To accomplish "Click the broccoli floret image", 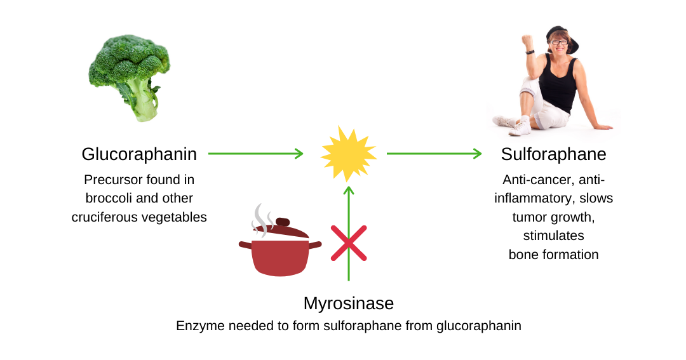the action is click(x=130, y=77).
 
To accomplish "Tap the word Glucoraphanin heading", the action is click(x=139, y=154).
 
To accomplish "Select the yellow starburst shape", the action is click(x=349, y=154).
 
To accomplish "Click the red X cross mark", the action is click(x=349, y=243).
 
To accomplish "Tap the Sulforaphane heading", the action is click(x=553, y=154).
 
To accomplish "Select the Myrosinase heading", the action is click(x=349, y=303).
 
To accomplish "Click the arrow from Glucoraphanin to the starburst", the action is click(x=255, y=154).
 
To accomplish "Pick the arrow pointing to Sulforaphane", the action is click(x=434, y=154).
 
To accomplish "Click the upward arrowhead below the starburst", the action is click(x=349, y=190).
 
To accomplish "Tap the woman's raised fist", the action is click(x=527, y=41).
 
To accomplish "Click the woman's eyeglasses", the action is click(x=559, y=43).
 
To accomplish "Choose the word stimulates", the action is click(x=553, y=236).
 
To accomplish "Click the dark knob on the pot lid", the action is click(x=283, y=222).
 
